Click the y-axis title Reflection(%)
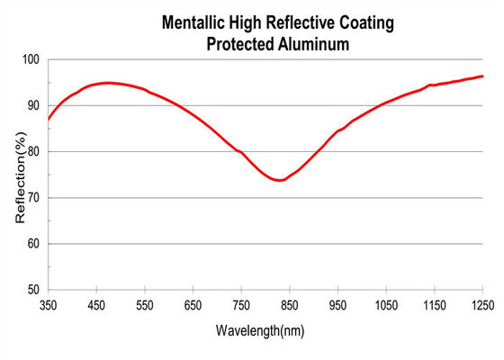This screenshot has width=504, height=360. point(20,175)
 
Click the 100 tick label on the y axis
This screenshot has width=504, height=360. point(31,59)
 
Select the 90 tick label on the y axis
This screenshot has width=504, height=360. point(34,105)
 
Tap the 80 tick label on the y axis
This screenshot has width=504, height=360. point(34,151)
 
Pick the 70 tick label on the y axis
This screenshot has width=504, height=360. point(34,197)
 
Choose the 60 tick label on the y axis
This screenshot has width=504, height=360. point(34,244)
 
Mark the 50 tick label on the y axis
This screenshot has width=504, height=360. point(34,290)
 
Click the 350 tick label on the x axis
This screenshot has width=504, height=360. point(49,305)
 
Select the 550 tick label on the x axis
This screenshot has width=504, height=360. point(145,305)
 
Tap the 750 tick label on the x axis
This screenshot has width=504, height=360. point(242,305)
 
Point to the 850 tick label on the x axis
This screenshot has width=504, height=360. point(291,305)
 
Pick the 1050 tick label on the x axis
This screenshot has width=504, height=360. point(387,305)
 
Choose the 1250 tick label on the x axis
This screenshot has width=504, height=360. point(483,305)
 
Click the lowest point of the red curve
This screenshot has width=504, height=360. point(281,180)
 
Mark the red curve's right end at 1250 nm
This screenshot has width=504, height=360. point(483,76)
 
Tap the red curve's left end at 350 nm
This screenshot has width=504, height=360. point(49,119)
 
